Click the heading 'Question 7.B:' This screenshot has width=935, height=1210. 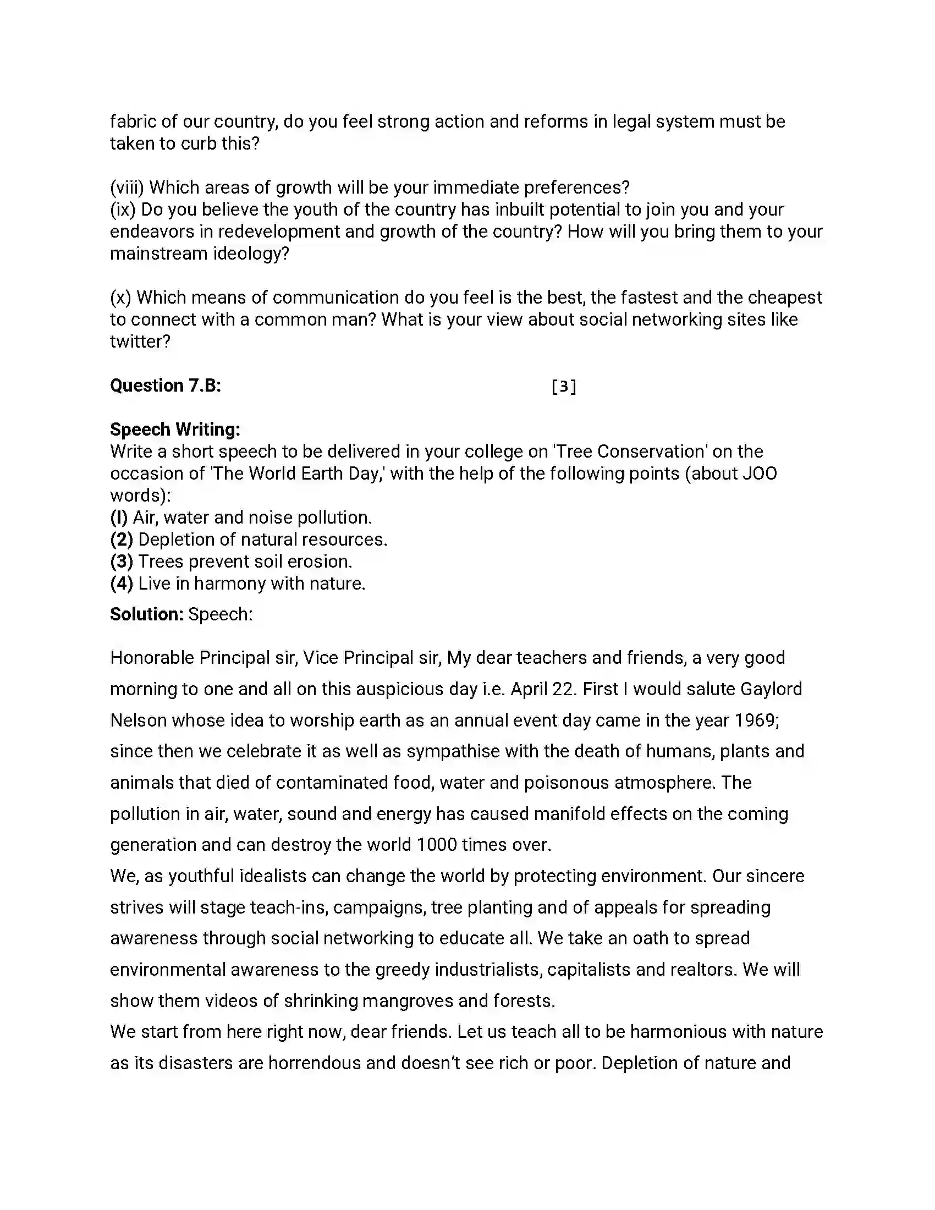pos(165,386)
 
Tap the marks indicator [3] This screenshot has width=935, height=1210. pos(563,386)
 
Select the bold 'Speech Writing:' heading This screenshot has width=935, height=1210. pos(175,430)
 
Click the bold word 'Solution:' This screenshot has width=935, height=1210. pos(146,614)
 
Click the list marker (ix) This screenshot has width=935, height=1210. pos(123,210)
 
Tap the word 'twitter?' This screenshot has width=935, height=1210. pos(140,342)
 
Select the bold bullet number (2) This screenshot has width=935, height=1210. pos(122,540)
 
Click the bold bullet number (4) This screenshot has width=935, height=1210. pos(122,584)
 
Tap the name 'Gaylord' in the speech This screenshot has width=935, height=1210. pos(771,689)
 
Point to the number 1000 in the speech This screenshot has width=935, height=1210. pos(436,845)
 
